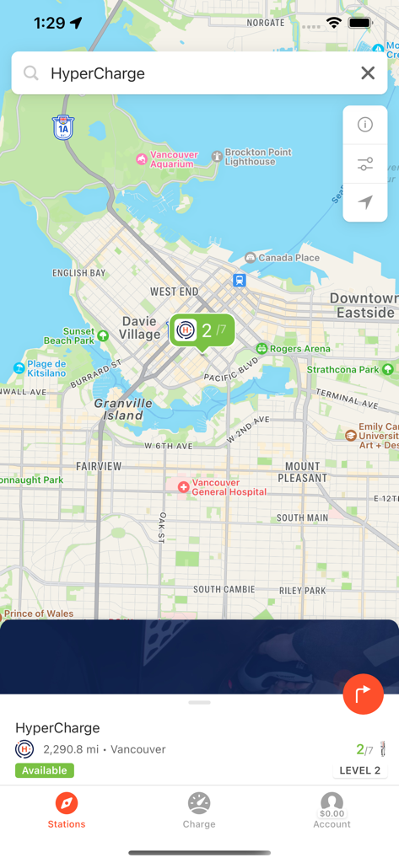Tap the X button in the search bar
(368, 73)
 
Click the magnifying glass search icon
(31, 73)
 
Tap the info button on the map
(365, 125)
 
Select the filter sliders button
(365, 163)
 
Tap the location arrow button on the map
(365, 202)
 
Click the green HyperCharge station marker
(202, 330)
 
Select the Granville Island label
(123, 409)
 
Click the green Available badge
(45, 770)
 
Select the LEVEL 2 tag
(360, 770)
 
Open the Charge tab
(199, 810)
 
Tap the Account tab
(332, 810)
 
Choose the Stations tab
(67, 810)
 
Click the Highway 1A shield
(63, 127)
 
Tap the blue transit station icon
(240, 280)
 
